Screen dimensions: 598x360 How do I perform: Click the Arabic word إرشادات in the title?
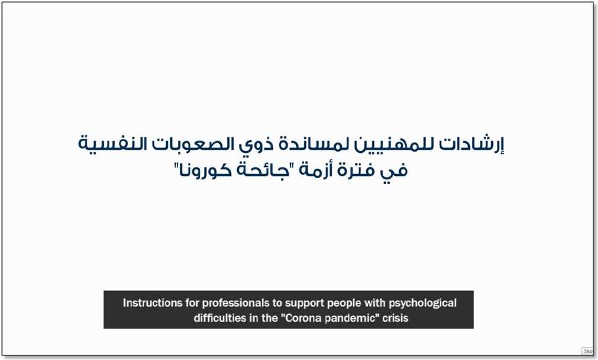coord(471,145)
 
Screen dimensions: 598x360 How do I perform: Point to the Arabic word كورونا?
coord(203,169)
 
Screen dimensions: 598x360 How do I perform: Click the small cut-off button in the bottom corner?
coord(587,351)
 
